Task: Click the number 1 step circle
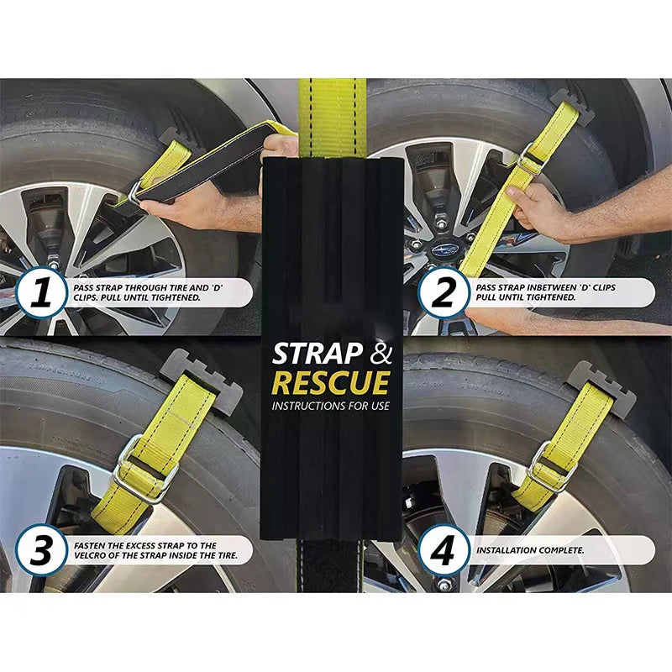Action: (41, 292)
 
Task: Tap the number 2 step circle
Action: (444, 292)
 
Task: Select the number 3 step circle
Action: (41, 550)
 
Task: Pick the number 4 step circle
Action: (444, 550)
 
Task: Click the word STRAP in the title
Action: (318, 354)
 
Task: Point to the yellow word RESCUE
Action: (331, 383)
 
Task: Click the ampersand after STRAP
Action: (381, 354)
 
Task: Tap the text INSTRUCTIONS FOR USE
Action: (331, 406)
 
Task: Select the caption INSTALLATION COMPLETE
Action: (530, 550)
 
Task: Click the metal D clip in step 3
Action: (144, 470)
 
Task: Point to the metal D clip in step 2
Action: (532, 159)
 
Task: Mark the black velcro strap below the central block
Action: (330, 565)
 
